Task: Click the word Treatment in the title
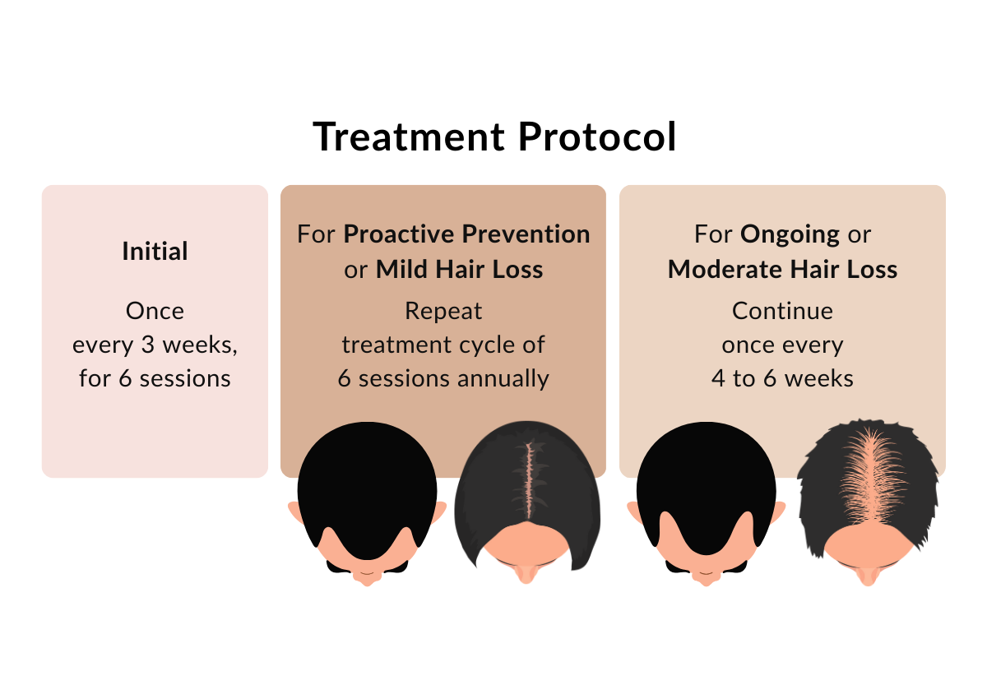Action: coord(409,137)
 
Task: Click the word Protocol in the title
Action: coord(597,137)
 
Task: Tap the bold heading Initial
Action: coord(155,251)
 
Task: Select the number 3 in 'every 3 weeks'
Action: coord(147,345)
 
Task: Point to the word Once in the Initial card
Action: coord(155,311)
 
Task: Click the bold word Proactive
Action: coord(399,234)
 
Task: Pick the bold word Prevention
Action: coord(526,234)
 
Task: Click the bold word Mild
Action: coord(401,269)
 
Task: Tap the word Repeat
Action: coord(443,312)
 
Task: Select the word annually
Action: coord(503,379)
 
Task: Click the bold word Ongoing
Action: coord(790,234)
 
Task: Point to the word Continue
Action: coord(782,311)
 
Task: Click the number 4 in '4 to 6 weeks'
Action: coord(718,378)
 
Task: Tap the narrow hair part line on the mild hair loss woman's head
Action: coord(529,479)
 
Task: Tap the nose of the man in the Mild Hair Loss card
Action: coord(368,578)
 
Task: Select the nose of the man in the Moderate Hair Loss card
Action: coord(707,578)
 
